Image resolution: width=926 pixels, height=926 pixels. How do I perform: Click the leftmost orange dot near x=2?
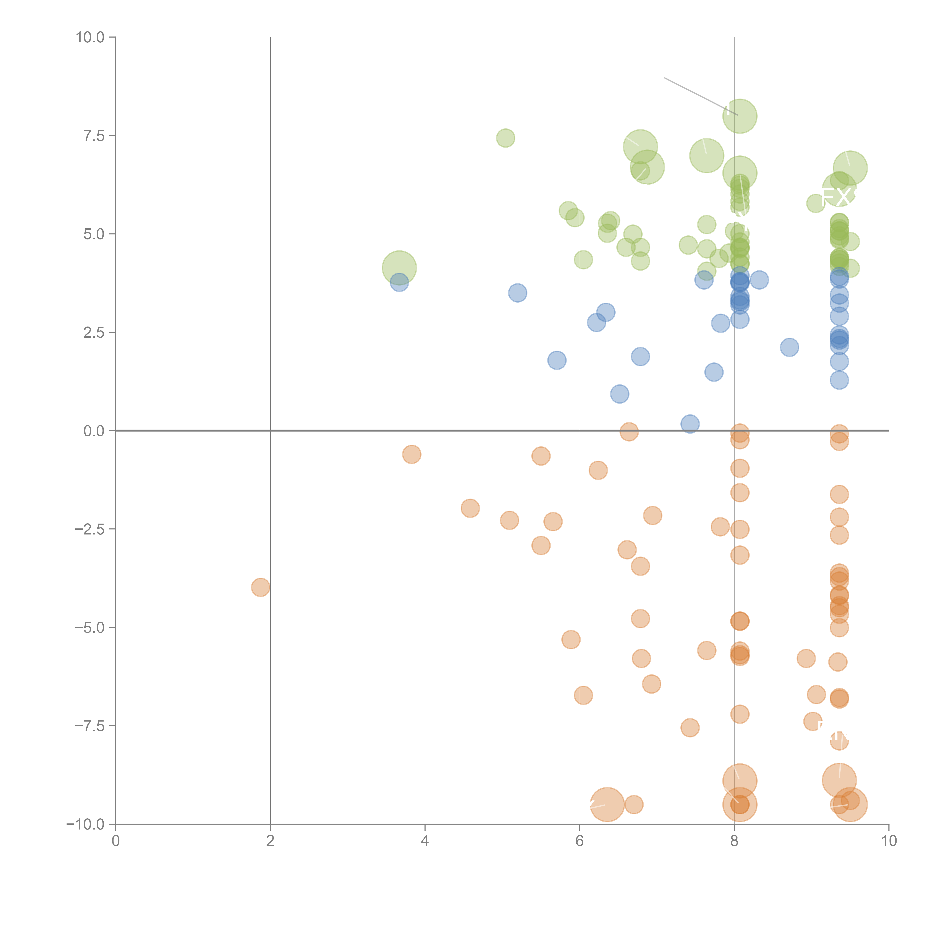point(260,587)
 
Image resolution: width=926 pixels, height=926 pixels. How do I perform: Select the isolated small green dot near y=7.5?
point(505,138)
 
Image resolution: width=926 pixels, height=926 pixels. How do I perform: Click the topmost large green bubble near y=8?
point(740,116)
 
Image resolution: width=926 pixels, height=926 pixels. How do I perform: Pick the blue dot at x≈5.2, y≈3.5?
point(517,292)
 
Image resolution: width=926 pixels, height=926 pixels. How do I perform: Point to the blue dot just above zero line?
point(690,424)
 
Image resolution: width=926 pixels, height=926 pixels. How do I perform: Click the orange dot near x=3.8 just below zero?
point(411,454)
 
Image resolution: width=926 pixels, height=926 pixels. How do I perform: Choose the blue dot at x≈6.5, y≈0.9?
point(620,394)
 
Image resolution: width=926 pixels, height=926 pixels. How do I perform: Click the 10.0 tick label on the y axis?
point(90,37)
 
